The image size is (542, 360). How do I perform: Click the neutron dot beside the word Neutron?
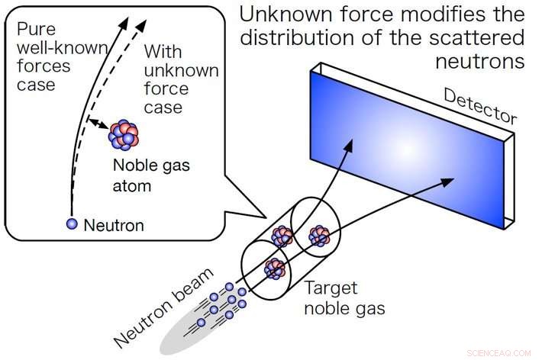72,224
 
